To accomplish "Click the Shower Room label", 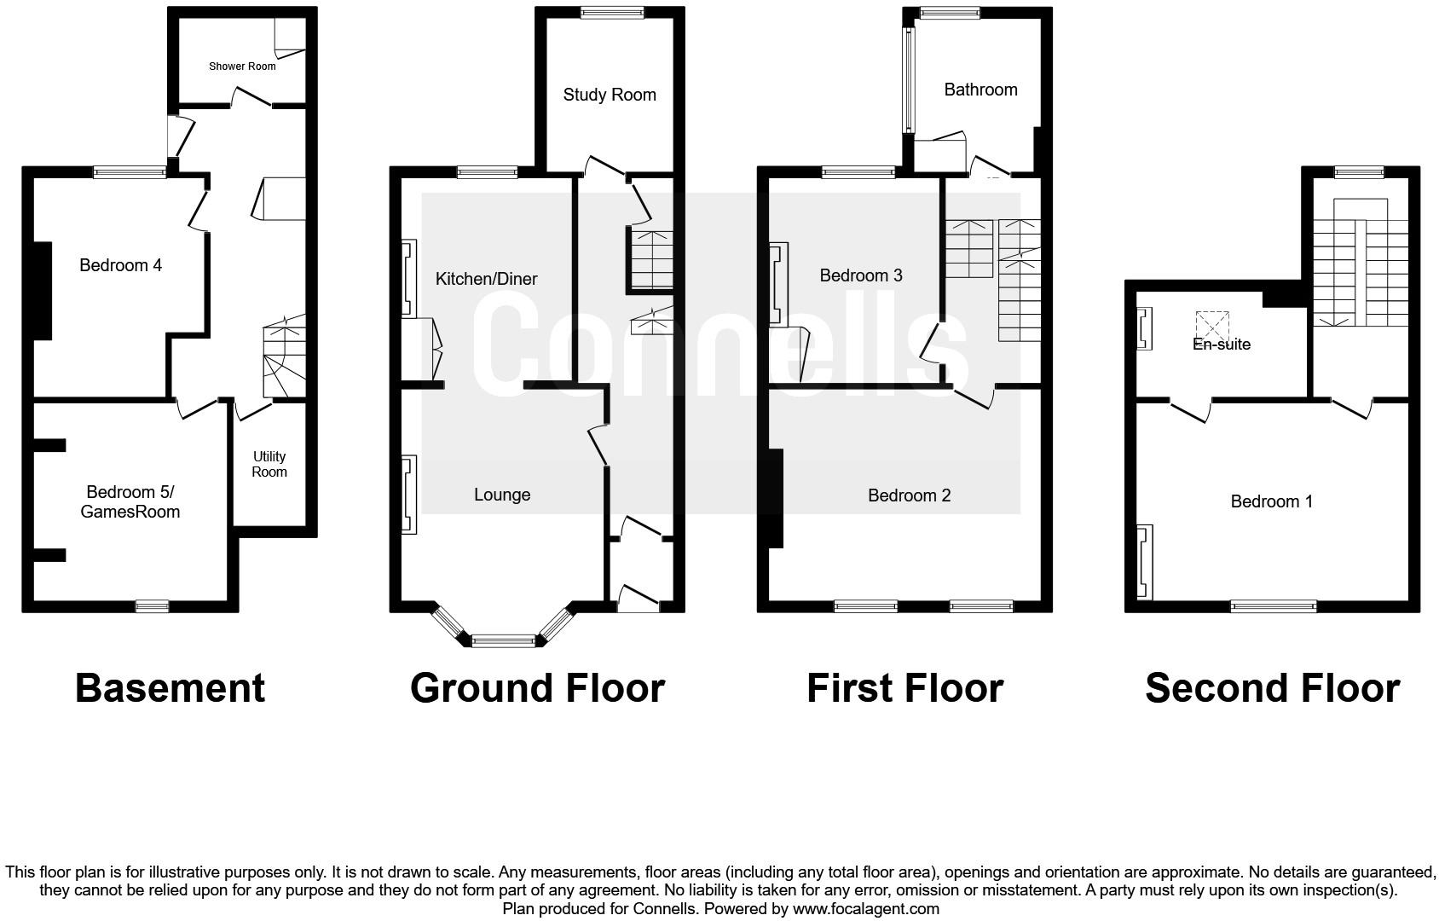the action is click(242, 67).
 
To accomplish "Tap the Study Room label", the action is click(610, 96).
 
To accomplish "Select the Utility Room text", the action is click(269, 464).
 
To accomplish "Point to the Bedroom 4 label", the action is click(121, 265).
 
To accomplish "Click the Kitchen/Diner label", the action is click(486, 279).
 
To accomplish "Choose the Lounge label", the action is click(502, 495).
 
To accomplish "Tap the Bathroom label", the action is click(981, 90).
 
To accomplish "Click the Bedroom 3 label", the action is click(862, 275).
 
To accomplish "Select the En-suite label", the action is click(1222, 345).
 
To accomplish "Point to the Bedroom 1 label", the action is click(1272, 501).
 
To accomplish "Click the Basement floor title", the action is click(170, 688).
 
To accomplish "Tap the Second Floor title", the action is click(1273, 688).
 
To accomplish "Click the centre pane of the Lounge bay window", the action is click(503, 640).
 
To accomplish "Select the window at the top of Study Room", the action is click(612, 13).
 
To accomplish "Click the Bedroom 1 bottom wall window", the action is click(1274, 606).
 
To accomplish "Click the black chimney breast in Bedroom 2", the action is click(776, 498).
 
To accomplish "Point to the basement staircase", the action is click(284, 356).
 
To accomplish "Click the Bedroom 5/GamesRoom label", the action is click(130, 502).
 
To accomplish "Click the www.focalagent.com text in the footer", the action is click(866, 909).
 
